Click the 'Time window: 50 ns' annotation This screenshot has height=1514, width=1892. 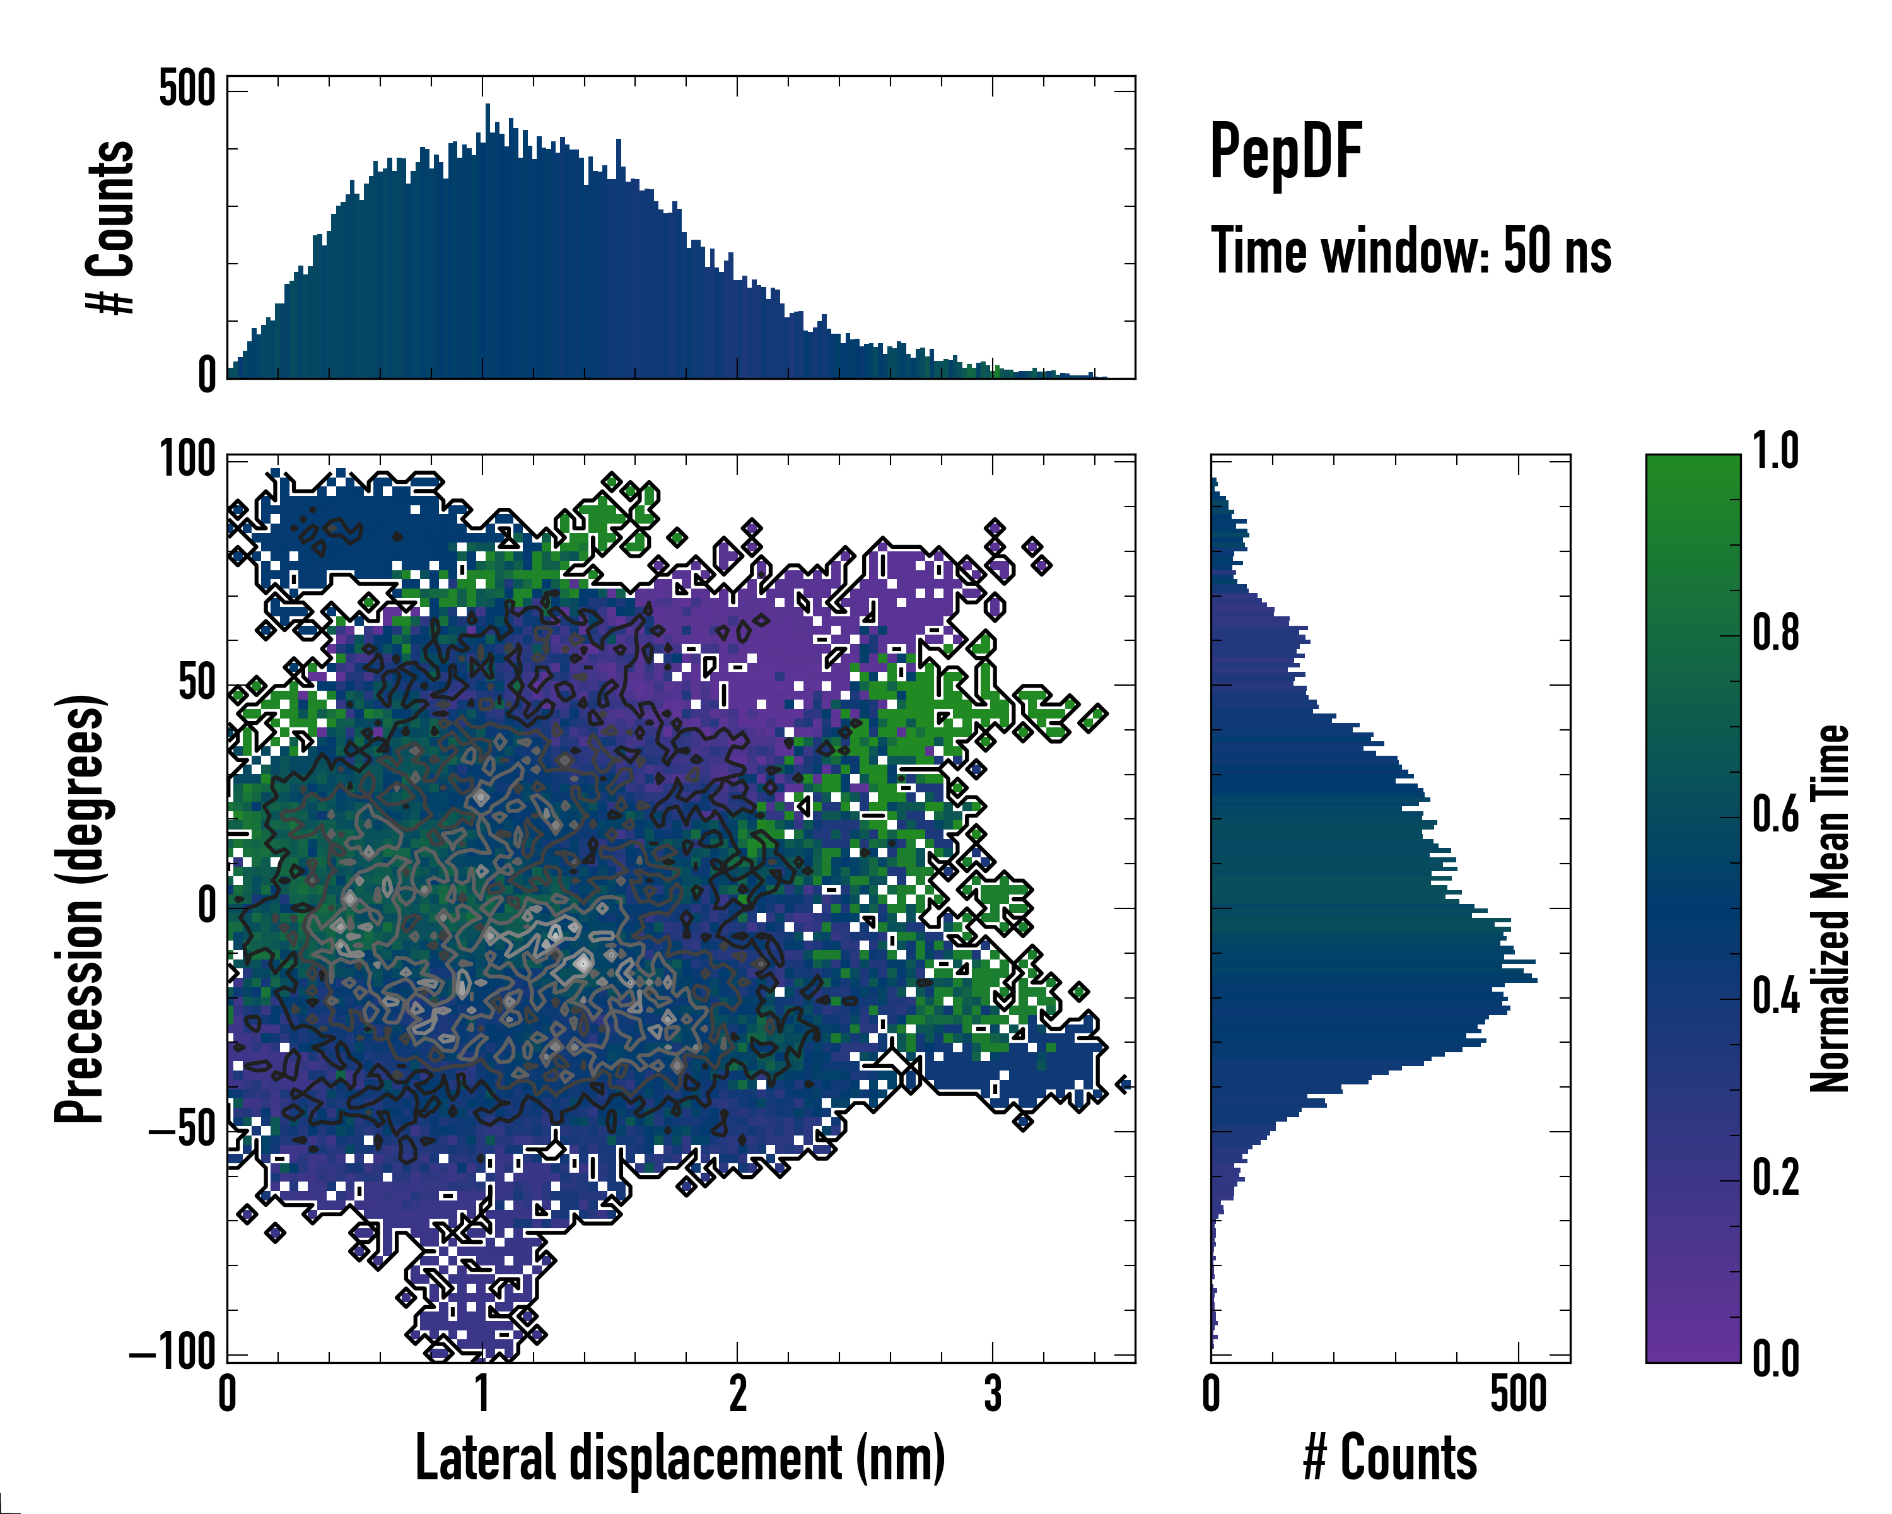[1410, 251]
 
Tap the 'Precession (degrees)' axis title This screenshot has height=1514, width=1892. [80, 908]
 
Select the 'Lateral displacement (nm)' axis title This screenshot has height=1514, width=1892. [680, 1458]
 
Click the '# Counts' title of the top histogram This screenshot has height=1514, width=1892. [110, 226]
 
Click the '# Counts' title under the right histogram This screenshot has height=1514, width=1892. [1390, 1458]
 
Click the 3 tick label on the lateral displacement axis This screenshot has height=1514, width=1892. [993, 1394]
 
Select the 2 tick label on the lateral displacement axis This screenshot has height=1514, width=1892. [737, 1394]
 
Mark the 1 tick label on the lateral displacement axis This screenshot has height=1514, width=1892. [482, 1394]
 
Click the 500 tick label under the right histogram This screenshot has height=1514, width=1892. [1518, 1394]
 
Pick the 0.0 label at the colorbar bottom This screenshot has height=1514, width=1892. [1775, 1359]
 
